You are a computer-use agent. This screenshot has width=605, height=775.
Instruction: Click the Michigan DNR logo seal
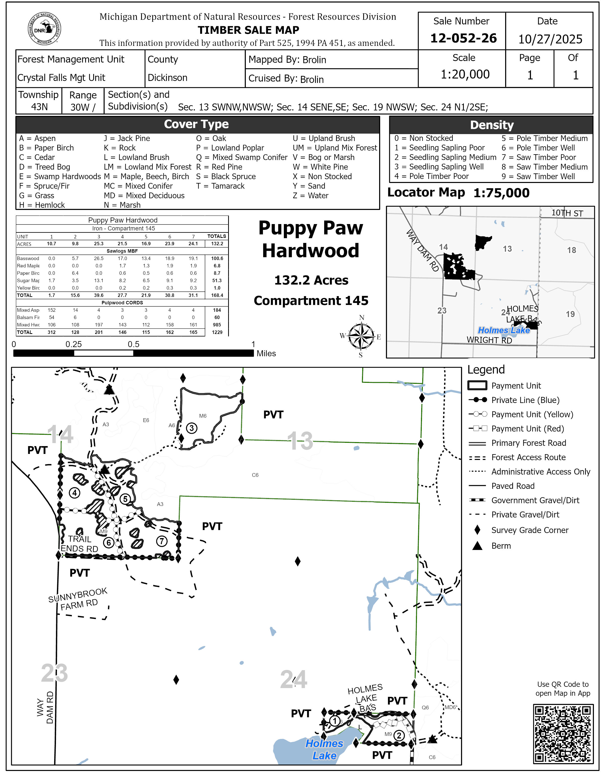(x=44, y=29)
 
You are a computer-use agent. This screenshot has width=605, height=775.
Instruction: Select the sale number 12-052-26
(x=463, y=38)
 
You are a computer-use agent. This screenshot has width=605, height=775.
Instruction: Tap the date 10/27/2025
(x=550, y=39)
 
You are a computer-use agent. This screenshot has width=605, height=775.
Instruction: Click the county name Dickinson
(x=167, y=78)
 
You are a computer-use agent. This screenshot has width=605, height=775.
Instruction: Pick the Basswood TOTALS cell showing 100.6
(x=217, y=259)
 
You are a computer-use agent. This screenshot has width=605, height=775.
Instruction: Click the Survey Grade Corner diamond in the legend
(x=477, y=530)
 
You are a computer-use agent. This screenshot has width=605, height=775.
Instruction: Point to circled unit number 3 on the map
(x=192, y=428)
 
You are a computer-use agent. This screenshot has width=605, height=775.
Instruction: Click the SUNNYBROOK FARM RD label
(x=78, y=600)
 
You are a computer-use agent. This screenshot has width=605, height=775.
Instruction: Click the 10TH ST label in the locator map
(x=567, y=213)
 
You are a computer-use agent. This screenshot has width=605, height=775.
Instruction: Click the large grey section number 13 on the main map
(x=300, y=441)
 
